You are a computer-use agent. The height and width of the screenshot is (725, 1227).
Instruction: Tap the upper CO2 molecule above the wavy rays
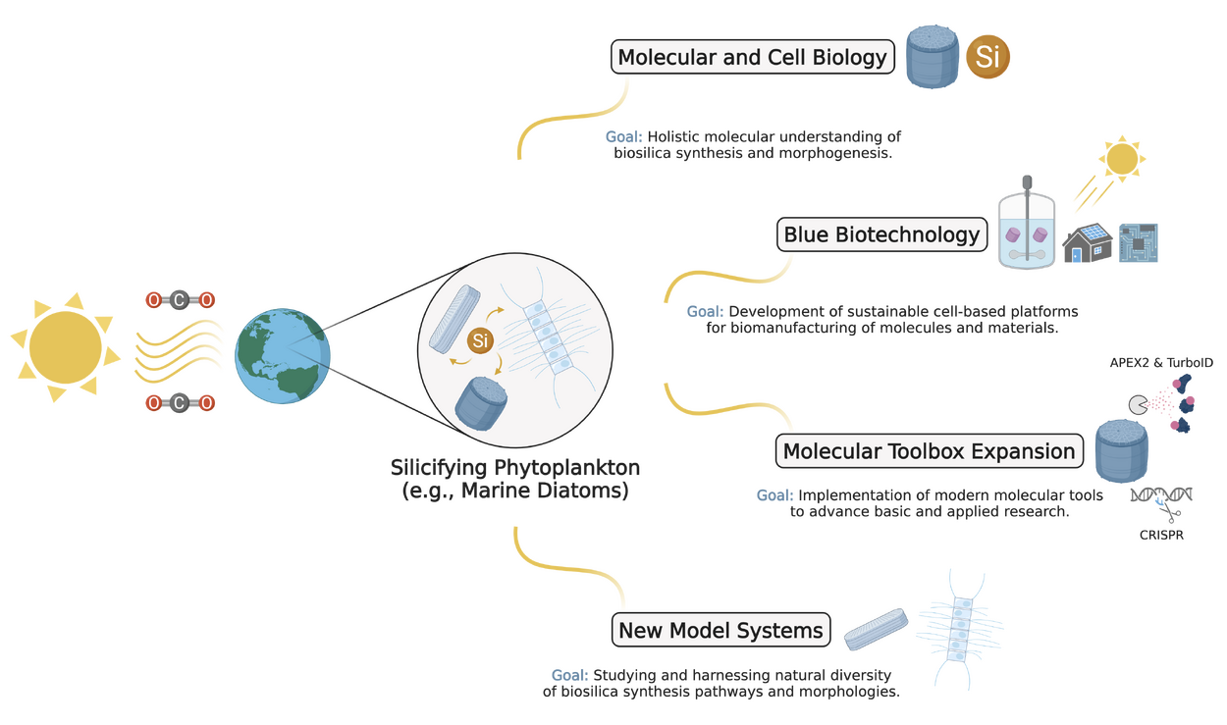(179, 300)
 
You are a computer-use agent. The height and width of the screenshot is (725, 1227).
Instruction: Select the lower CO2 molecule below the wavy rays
(179, 403)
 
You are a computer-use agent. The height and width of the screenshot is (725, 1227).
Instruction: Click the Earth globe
(283, 353)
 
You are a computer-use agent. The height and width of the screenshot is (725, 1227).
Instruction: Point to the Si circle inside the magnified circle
(480, 340)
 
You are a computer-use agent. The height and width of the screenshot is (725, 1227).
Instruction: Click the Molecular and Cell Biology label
(752, 57)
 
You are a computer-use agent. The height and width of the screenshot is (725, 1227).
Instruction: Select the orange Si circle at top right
(987, 57)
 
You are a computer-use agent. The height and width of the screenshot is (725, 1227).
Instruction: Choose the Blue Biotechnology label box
(881, 235)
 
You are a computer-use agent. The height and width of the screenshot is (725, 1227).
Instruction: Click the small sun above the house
(1122, 157)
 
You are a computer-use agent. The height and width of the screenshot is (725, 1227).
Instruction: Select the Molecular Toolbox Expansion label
(929, 452)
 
